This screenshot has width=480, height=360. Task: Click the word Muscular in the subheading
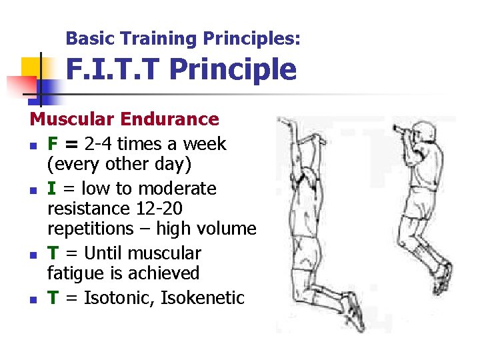[x=73, y=119]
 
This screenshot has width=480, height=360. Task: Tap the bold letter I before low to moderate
[x=51, y=189]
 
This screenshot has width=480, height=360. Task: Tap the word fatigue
[x=73, y=273]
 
